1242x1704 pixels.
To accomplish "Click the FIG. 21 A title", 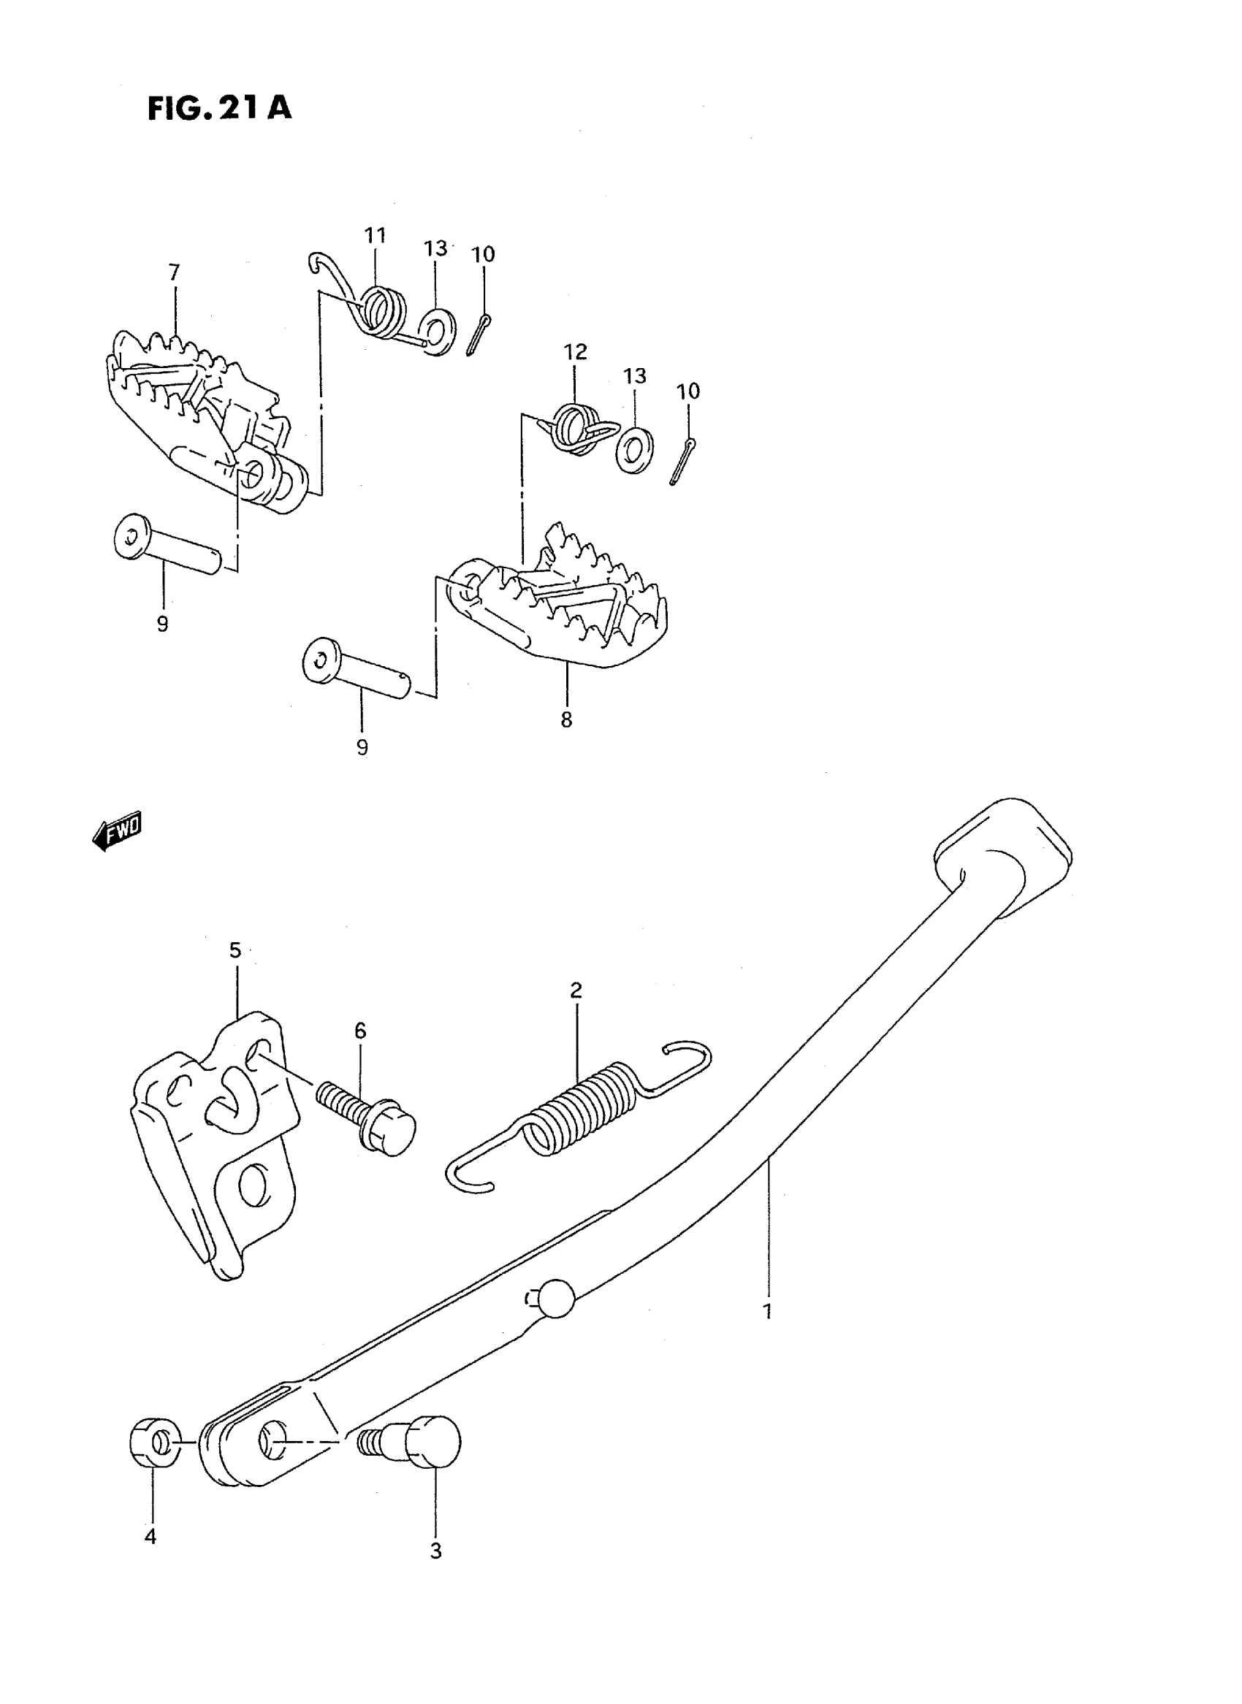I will [x=218, y=108].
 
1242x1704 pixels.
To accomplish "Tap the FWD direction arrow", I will [x=118, y=832].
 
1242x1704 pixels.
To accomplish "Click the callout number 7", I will [x=175, y=272].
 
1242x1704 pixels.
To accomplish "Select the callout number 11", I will [x=375, y=235].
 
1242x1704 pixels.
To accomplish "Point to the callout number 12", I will [x=575, y=352].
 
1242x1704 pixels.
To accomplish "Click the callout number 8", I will [x=566, y=719].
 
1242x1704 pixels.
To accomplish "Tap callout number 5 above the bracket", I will [x=235, y=951].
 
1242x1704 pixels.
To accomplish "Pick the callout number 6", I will [x=360, y=1031].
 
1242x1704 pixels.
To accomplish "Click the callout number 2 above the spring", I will [x=576, y=990].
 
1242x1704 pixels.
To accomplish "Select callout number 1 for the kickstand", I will [x=767, y=1313].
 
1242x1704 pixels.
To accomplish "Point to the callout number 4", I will [x=151, y=1537].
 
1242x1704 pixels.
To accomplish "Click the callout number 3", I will [x=435, y=1551].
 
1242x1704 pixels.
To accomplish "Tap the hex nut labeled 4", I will [x=155, y=1443].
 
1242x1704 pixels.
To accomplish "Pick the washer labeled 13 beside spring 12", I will [x=635, y=450].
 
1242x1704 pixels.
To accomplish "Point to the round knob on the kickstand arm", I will [x=557, y=1297].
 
